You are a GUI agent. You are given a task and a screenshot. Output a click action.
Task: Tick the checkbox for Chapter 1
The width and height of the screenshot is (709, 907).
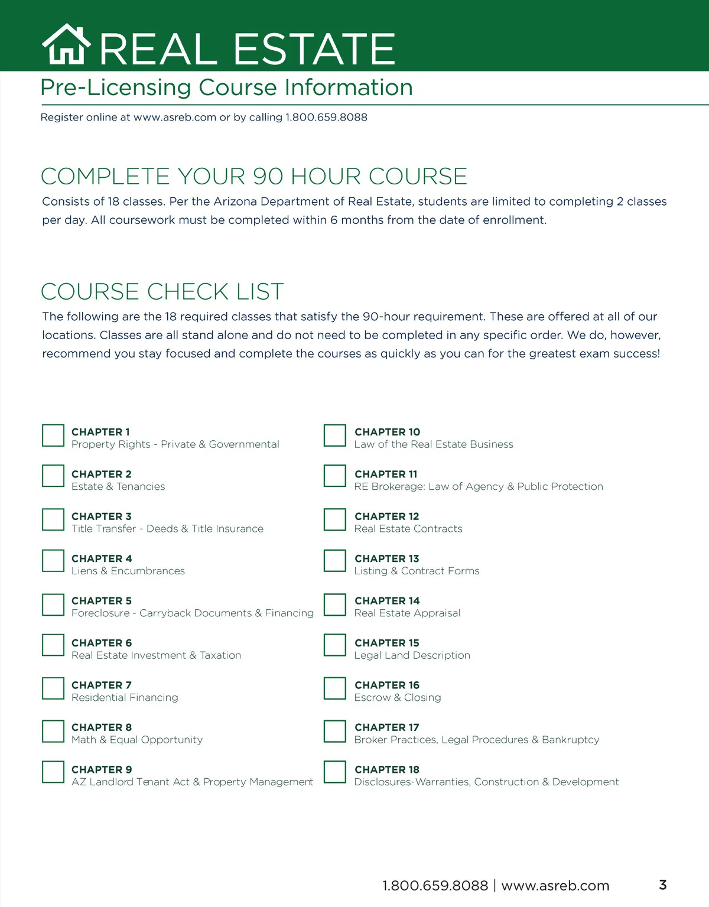pos(53,435)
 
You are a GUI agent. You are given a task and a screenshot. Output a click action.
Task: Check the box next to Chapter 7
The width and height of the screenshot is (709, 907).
pos(53,688)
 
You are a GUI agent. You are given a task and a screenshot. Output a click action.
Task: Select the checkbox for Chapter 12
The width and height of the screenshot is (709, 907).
pos(335,520)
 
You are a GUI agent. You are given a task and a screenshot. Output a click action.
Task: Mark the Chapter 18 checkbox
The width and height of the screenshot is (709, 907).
pos(335,772)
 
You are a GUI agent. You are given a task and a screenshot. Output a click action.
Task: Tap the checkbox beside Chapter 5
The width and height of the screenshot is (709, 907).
pos(53,604)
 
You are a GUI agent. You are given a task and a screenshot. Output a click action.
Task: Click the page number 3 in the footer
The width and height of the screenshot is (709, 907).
pos(663,885)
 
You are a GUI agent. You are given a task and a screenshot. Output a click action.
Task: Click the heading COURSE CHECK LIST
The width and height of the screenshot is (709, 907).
pos(162,291)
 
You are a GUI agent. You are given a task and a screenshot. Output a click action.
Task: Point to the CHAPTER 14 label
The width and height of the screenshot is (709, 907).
pos(387,600)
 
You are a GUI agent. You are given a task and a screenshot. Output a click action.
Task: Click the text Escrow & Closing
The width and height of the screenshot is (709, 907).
pos(398,697)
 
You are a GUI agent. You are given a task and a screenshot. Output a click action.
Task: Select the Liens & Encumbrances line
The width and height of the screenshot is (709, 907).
pos(128,571)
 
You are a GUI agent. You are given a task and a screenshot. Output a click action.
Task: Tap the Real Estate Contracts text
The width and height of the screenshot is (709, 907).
pos(408,529)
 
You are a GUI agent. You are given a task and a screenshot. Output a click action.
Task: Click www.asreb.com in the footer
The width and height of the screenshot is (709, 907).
pos(555,886)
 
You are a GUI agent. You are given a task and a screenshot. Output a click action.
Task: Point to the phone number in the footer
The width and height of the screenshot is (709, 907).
pos(435,886)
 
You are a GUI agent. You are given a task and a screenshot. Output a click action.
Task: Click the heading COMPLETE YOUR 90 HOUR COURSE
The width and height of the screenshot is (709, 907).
pos(254,176)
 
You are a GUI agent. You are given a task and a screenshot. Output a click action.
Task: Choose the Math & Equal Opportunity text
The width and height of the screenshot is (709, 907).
pos(137,740)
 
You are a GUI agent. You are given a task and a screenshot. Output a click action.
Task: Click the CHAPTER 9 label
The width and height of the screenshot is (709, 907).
pos(102,769)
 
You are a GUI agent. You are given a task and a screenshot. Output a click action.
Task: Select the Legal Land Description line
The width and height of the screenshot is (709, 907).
pos(412,655)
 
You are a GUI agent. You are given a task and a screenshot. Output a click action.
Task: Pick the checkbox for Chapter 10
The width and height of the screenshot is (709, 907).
pos(335,435)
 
